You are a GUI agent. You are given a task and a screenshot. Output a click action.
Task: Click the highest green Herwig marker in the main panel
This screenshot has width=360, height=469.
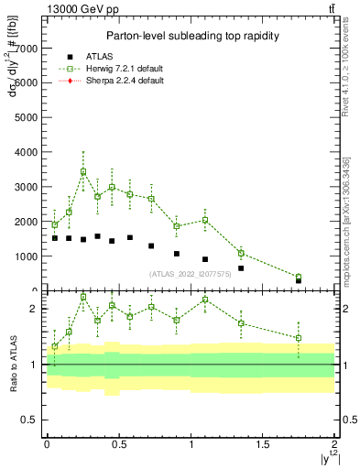(83, 171)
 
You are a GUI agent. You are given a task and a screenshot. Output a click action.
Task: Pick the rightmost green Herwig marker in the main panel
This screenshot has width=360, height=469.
(299, 277)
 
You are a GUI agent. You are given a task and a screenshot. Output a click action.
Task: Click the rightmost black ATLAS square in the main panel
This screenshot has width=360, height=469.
(299, 280)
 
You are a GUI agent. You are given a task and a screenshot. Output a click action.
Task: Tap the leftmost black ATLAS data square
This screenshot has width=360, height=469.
(55, 238)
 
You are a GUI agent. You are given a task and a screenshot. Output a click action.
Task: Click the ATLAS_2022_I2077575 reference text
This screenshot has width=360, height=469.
(190, 273)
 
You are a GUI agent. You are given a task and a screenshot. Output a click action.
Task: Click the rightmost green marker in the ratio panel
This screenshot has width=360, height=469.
(299, 338)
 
